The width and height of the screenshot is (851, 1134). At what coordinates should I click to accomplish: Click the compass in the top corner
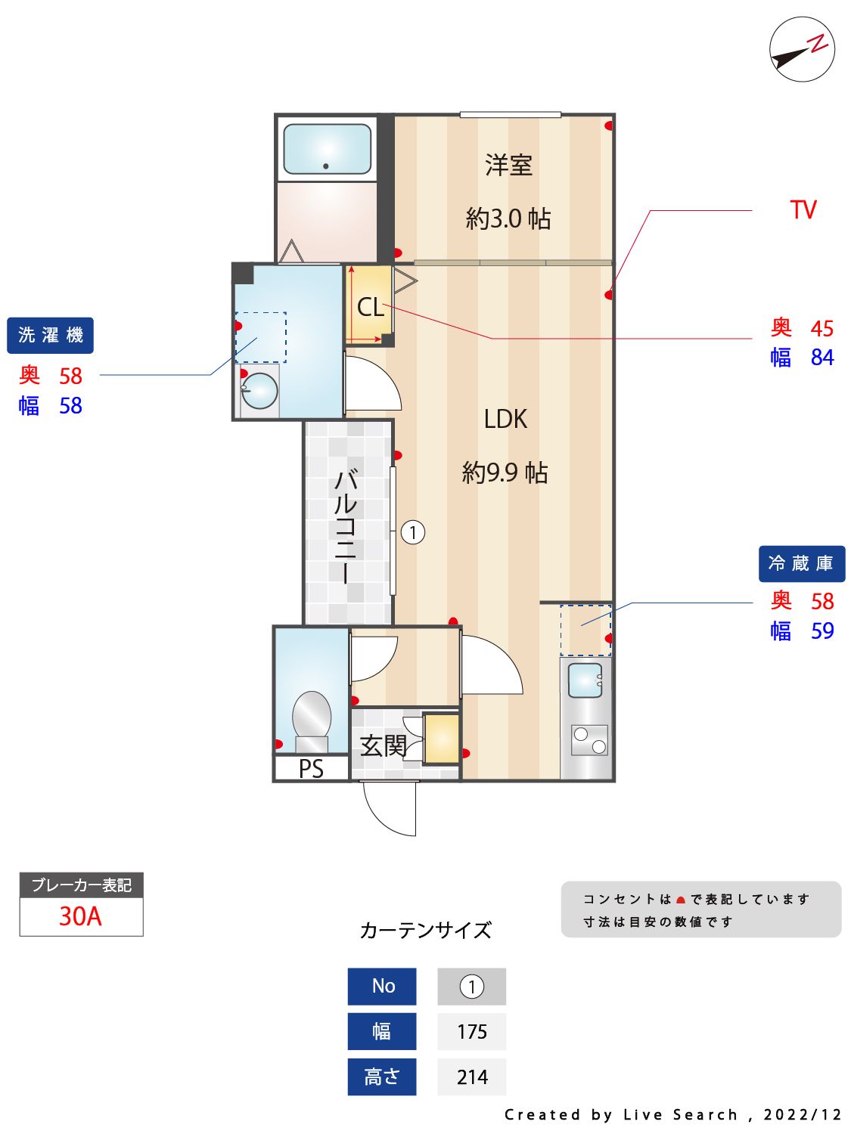[x=801, y=49]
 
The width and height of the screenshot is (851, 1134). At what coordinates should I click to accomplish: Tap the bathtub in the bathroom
[x=327, y=149]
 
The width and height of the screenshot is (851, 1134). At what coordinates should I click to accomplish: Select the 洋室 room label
[x=508, y=166]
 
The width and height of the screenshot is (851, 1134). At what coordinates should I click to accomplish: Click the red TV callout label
[x=803, y=210]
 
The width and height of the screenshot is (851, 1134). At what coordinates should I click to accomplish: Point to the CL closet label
[x=371, y=308]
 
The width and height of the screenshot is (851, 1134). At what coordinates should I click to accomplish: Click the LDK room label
[x=505, y=419]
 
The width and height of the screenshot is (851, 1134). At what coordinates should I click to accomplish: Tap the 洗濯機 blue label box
[x=50, y=336]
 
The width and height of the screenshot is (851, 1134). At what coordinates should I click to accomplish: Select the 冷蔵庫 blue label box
[x=801, y=564]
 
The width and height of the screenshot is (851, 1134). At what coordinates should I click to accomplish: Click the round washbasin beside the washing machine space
[x=259, y=391]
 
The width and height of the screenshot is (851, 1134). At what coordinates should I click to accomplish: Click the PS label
[x=311, y=769]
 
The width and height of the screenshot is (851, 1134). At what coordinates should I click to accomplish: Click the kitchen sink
[x=585, y=680]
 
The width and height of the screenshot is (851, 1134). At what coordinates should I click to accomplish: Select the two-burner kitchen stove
[x=589, y=740]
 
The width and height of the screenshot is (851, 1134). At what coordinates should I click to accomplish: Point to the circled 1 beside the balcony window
[x=413, y=533]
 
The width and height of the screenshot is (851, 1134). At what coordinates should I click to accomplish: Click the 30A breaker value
[x=80, y=916]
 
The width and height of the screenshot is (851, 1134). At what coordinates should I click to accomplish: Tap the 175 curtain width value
[x=472, y=1032]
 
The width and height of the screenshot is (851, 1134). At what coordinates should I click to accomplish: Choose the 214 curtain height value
[x=472, y=1077]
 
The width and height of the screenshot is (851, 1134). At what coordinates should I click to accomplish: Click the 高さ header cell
[x=382, y=1077]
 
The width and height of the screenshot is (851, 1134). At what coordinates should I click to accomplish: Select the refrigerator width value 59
[x=822, y=631]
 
